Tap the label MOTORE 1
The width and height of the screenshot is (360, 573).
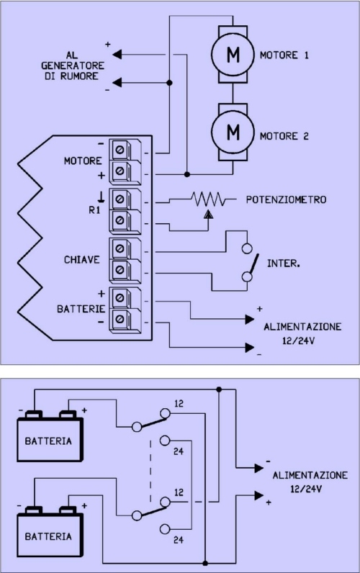coord(284,55)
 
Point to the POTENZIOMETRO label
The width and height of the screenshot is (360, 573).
coord(286,199)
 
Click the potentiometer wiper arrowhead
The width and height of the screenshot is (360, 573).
coord(209,214)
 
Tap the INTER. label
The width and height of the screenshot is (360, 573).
coord(284,263)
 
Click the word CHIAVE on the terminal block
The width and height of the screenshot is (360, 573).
coord(82,259)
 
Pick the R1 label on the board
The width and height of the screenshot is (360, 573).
coord(94,210)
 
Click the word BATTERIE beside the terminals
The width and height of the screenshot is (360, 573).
coord(81,309)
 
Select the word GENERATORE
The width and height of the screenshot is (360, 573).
coord(73,66)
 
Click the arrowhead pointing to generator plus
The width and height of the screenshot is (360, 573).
coord(117,55)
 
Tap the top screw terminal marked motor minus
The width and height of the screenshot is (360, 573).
coord(120,150)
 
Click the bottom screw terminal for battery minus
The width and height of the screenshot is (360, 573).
coord(120,320)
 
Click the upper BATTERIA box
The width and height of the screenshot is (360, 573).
coord(49,440)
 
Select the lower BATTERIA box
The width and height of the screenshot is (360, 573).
coord(49,535)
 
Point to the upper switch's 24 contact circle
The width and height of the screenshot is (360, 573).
coord(165,441)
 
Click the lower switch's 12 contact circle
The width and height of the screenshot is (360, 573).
coord(165,502)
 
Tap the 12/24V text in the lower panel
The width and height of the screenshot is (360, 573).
coord(306,489)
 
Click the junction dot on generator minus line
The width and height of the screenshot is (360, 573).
coord(169,83)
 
